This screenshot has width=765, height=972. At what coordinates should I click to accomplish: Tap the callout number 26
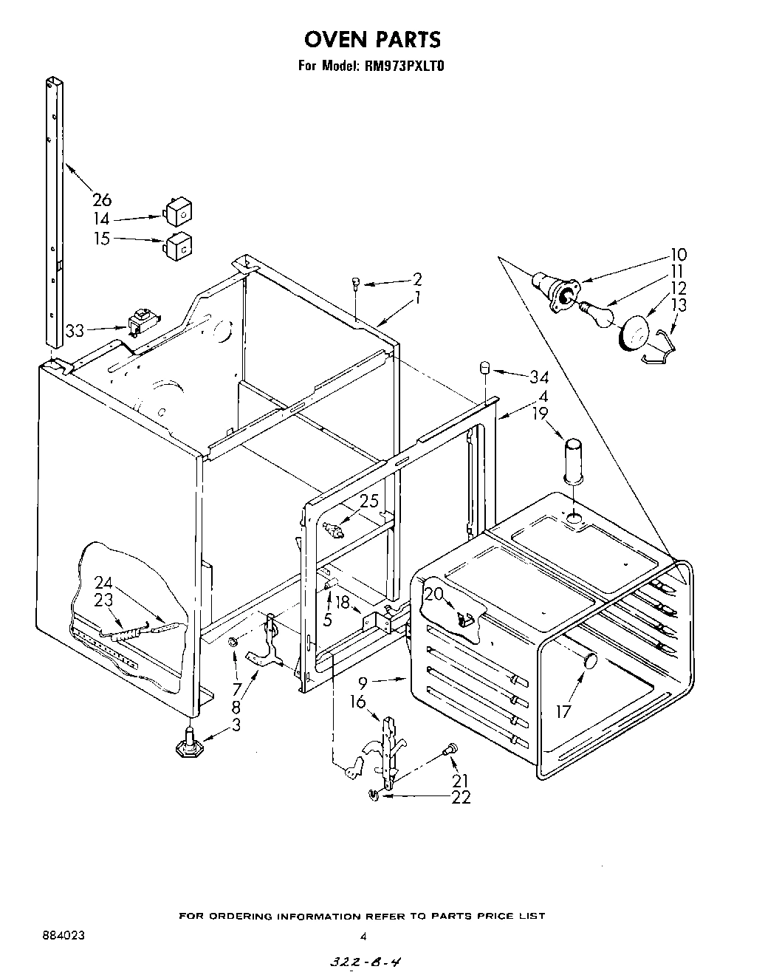(x=102, y=199)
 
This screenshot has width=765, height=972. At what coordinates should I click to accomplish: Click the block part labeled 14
(x=176, y=213)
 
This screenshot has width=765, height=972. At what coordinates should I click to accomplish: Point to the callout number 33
(x=75, y=331)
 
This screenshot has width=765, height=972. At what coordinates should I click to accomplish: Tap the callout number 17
(x=563, y=711)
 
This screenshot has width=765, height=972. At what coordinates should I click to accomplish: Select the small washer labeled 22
(x=374, y=795)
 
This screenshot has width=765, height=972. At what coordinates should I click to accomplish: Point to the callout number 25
(x=368, y=502)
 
